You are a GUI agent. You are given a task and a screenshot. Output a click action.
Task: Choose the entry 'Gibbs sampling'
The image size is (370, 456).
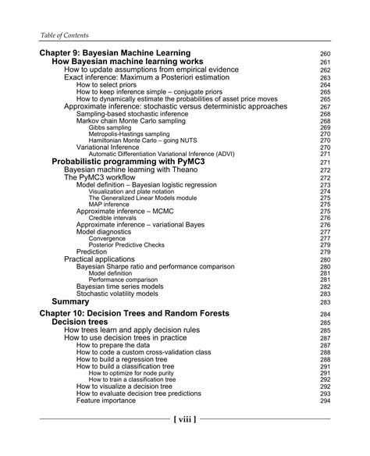[x=114, y=127]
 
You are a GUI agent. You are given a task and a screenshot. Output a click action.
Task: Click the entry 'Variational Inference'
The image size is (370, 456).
[x=117, y=148]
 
